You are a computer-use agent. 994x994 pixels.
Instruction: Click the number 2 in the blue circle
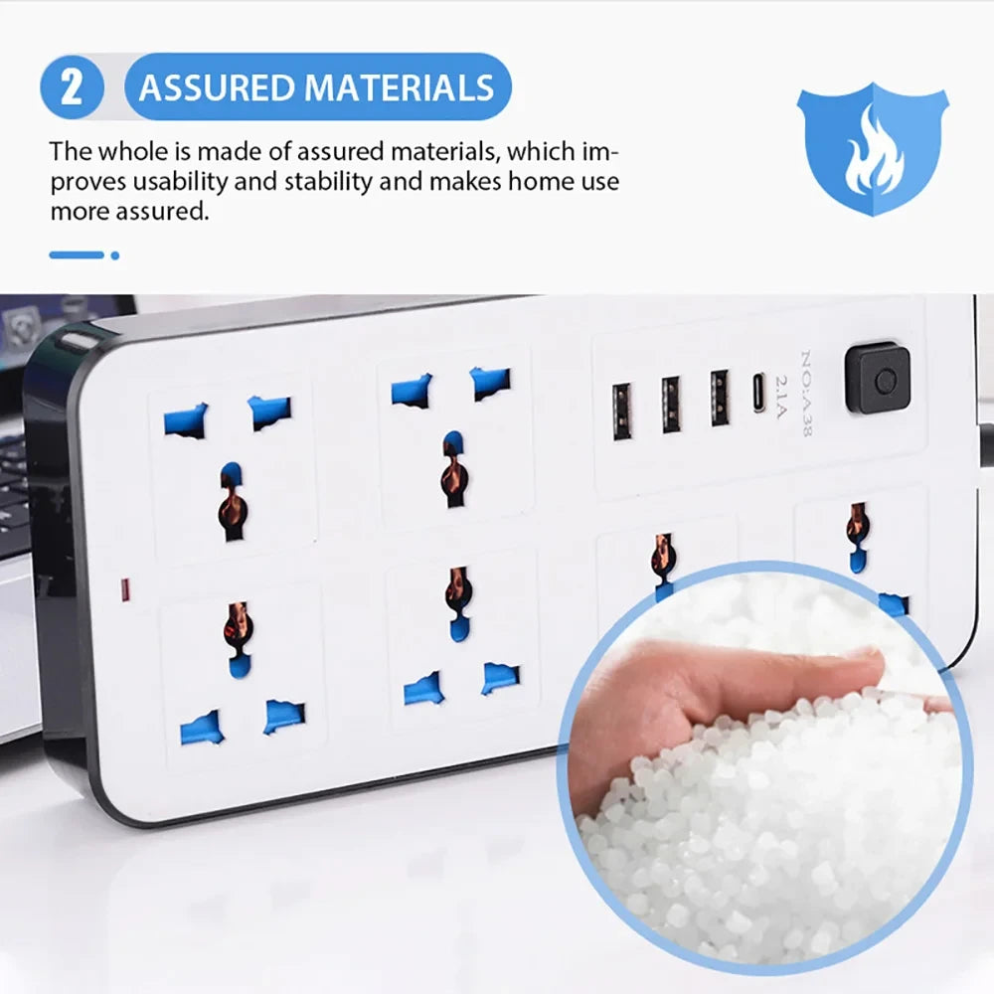[x=72, y=86]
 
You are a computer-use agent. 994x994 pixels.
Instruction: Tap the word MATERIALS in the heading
[x=399, y=87]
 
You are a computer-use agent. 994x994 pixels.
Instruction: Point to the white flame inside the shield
[x=873, y=151]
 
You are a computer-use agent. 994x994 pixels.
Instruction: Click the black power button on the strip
[x=878, y=379]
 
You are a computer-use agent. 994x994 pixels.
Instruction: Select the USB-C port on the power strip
[x=758, y=393]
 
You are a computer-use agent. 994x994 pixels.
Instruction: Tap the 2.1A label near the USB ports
[x=780, y=397]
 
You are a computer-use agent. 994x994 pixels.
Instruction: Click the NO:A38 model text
[x=806, y=393]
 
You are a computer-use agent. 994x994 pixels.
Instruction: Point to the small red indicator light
[x=125, y=589]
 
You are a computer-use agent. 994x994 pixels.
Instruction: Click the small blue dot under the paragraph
[x=114, y=255]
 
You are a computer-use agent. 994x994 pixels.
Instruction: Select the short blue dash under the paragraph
[x=77, y=254]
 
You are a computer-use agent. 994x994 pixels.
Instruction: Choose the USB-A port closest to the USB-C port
[x=720, y=398]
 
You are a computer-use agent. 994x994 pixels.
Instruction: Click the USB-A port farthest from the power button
[x=622, y=412]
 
